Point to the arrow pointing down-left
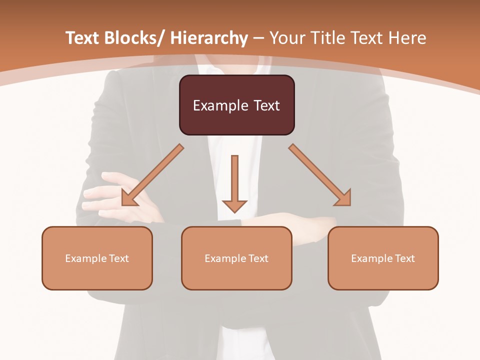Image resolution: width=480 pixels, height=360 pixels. tap(152, 175)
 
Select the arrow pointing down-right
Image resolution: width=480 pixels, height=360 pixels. tap(320, 175)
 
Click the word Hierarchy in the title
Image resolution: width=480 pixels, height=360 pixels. tap(209, 38)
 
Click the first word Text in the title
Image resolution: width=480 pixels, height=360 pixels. tap(83, 38)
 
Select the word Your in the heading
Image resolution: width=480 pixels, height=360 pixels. tap(286, 38)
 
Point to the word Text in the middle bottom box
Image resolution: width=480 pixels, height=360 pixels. tap(257, 258)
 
